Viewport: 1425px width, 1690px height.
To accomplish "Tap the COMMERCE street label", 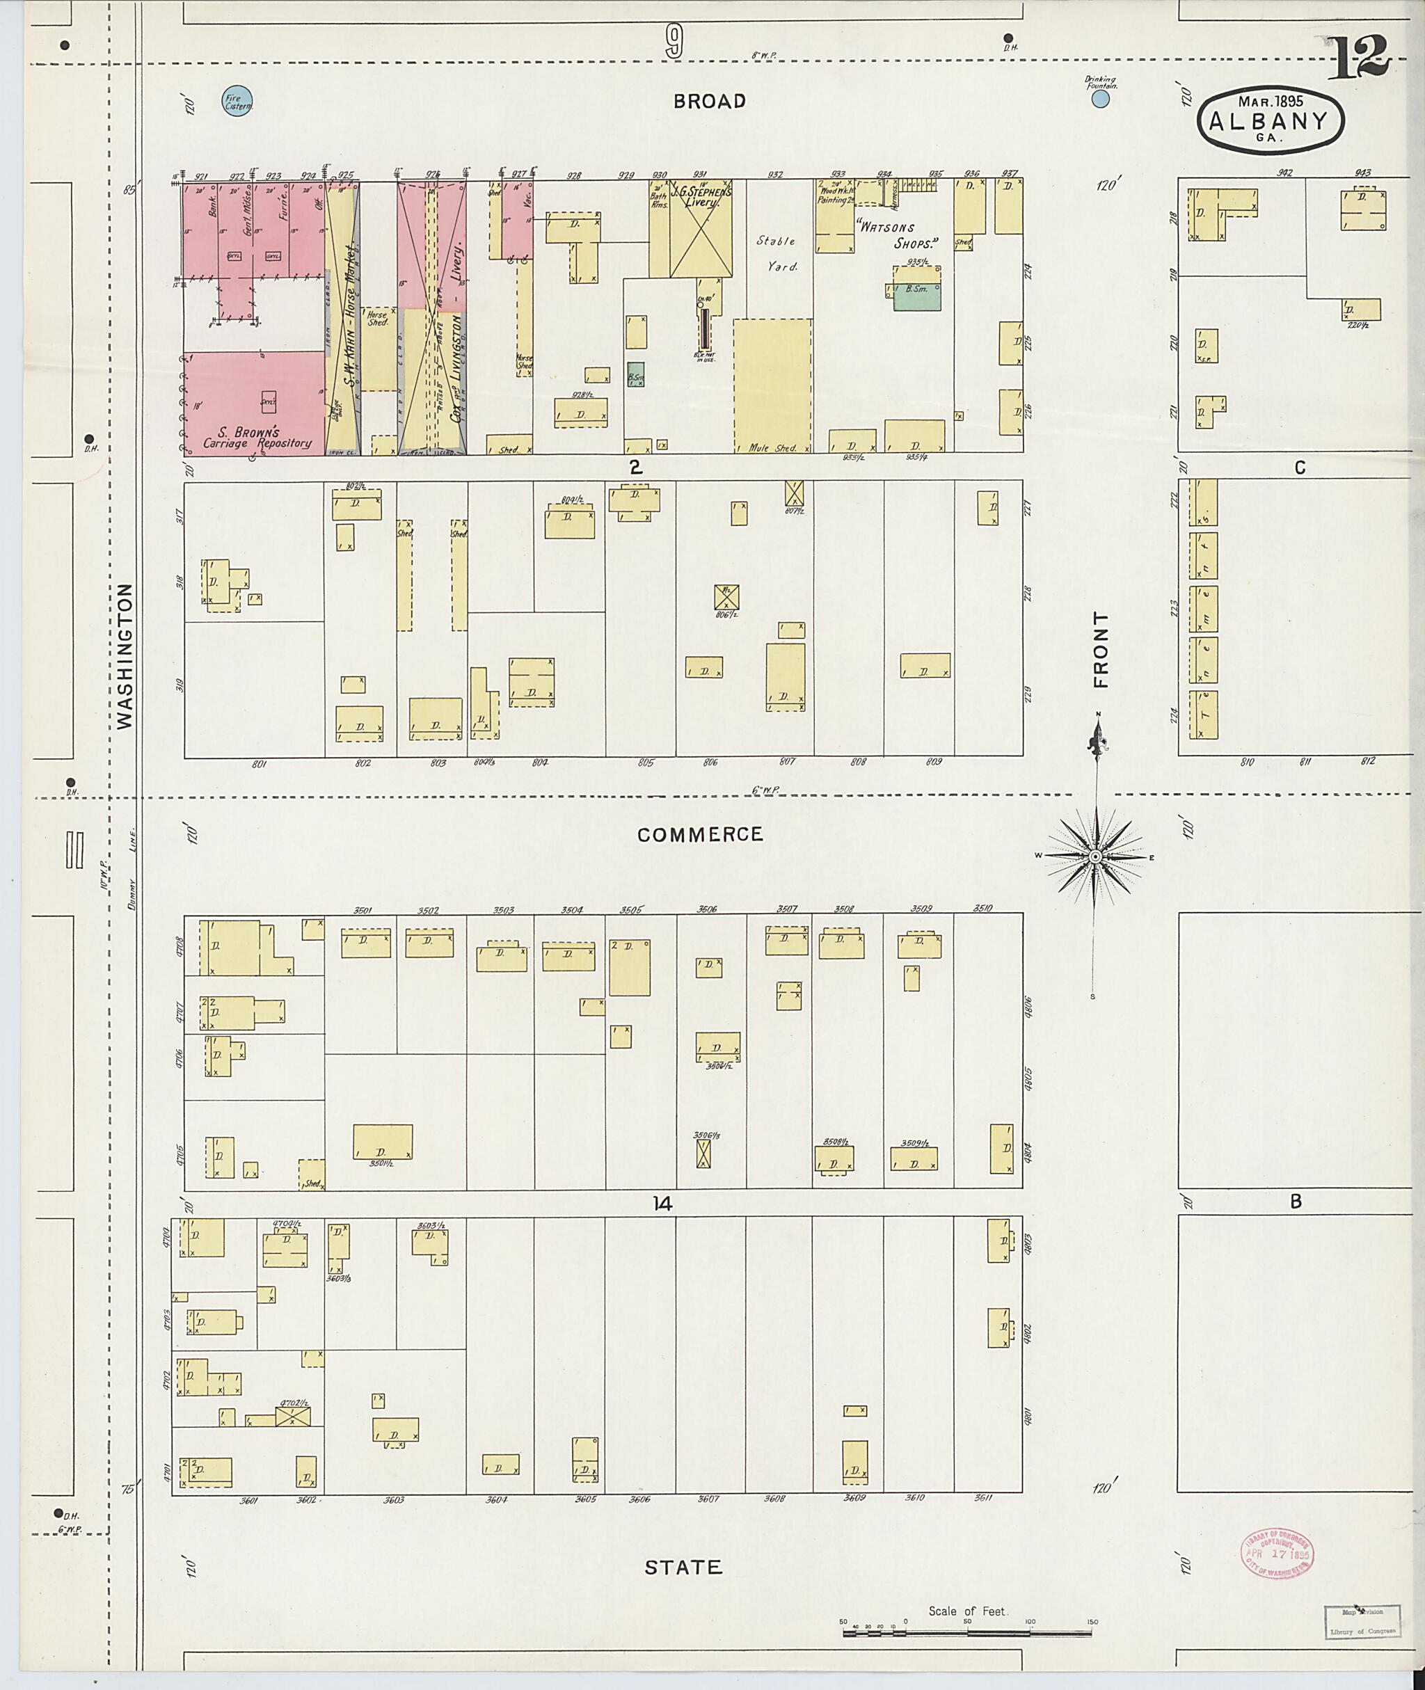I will (699, 834).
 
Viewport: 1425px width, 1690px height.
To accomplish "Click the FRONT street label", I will (1101, 650).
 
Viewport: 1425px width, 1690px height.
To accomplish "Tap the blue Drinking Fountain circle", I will (1099, 99).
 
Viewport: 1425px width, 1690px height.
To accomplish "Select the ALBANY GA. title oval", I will (1271, 120).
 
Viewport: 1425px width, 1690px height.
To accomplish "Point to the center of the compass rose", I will (1095, 856).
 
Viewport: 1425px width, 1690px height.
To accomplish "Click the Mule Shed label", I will (772, 447).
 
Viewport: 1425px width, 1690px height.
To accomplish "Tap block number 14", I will (662, 1204).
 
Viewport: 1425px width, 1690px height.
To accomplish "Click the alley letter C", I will (1299, 467).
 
